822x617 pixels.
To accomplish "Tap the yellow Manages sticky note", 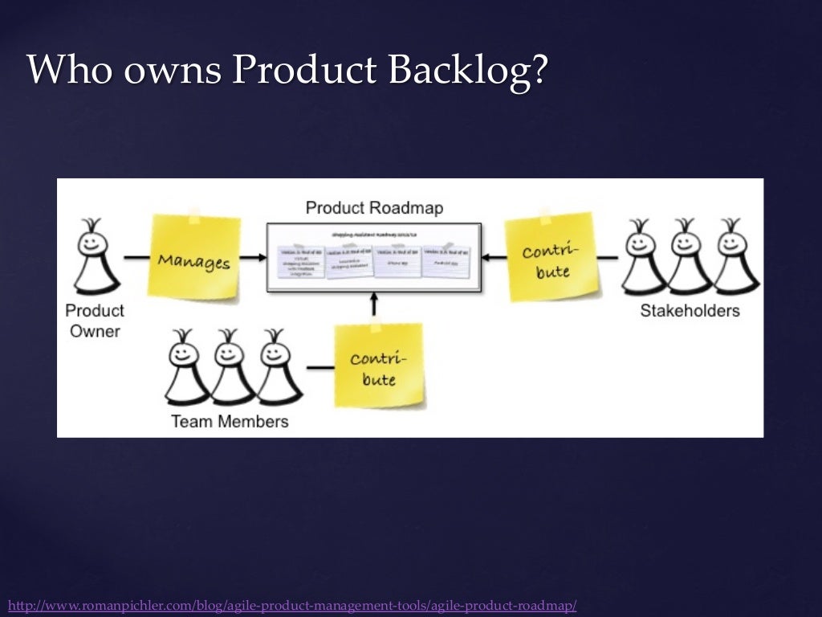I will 194,259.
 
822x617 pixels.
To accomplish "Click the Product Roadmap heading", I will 374,208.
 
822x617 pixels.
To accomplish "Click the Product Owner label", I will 95,321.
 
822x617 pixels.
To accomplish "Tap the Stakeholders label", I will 690,311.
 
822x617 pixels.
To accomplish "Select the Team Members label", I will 230,421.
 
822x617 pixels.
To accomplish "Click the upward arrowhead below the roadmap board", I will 374,297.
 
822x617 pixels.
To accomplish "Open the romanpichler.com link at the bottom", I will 292,605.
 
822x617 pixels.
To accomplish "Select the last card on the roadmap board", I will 446,261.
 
